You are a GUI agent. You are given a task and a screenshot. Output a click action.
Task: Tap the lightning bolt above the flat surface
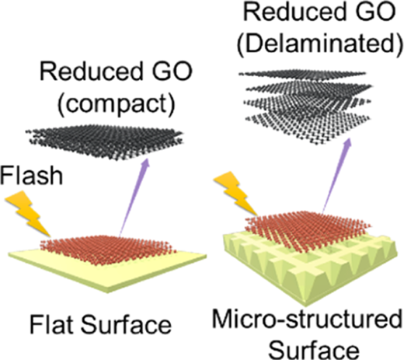[x=28, y=213]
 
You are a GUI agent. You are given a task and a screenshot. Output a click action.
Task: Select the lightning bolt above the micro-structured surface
[x=236, y=194]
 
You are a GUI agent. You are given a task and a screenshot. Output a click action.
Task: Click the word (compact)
[x=117, y=103]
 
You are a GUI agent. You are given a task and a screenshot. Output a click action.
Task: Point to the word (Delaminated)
[x=320, y=45]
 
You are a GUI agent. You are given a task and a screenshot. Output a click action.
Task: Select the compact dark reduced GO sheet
[x=105, y=142]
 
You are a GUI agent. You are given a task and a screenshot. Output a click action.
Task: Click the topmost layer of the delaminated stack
[x=305, y=74]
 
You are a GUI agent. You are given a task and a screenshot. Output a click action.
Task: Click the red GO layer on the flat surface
[x=108, y=250]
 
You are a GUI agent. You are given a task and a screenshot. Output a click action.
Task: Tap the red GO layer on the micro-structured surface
[x=308, y=228]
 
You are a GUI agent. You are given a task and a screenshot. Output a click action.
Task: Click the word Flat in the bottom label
[x=51, y=324]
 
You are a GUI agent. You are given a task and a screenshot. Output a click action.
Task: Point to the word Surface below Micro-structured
[x=314, y=349]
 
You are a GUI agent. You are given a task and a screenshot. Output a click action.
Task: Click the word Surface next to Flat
[x=126, y=324]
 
